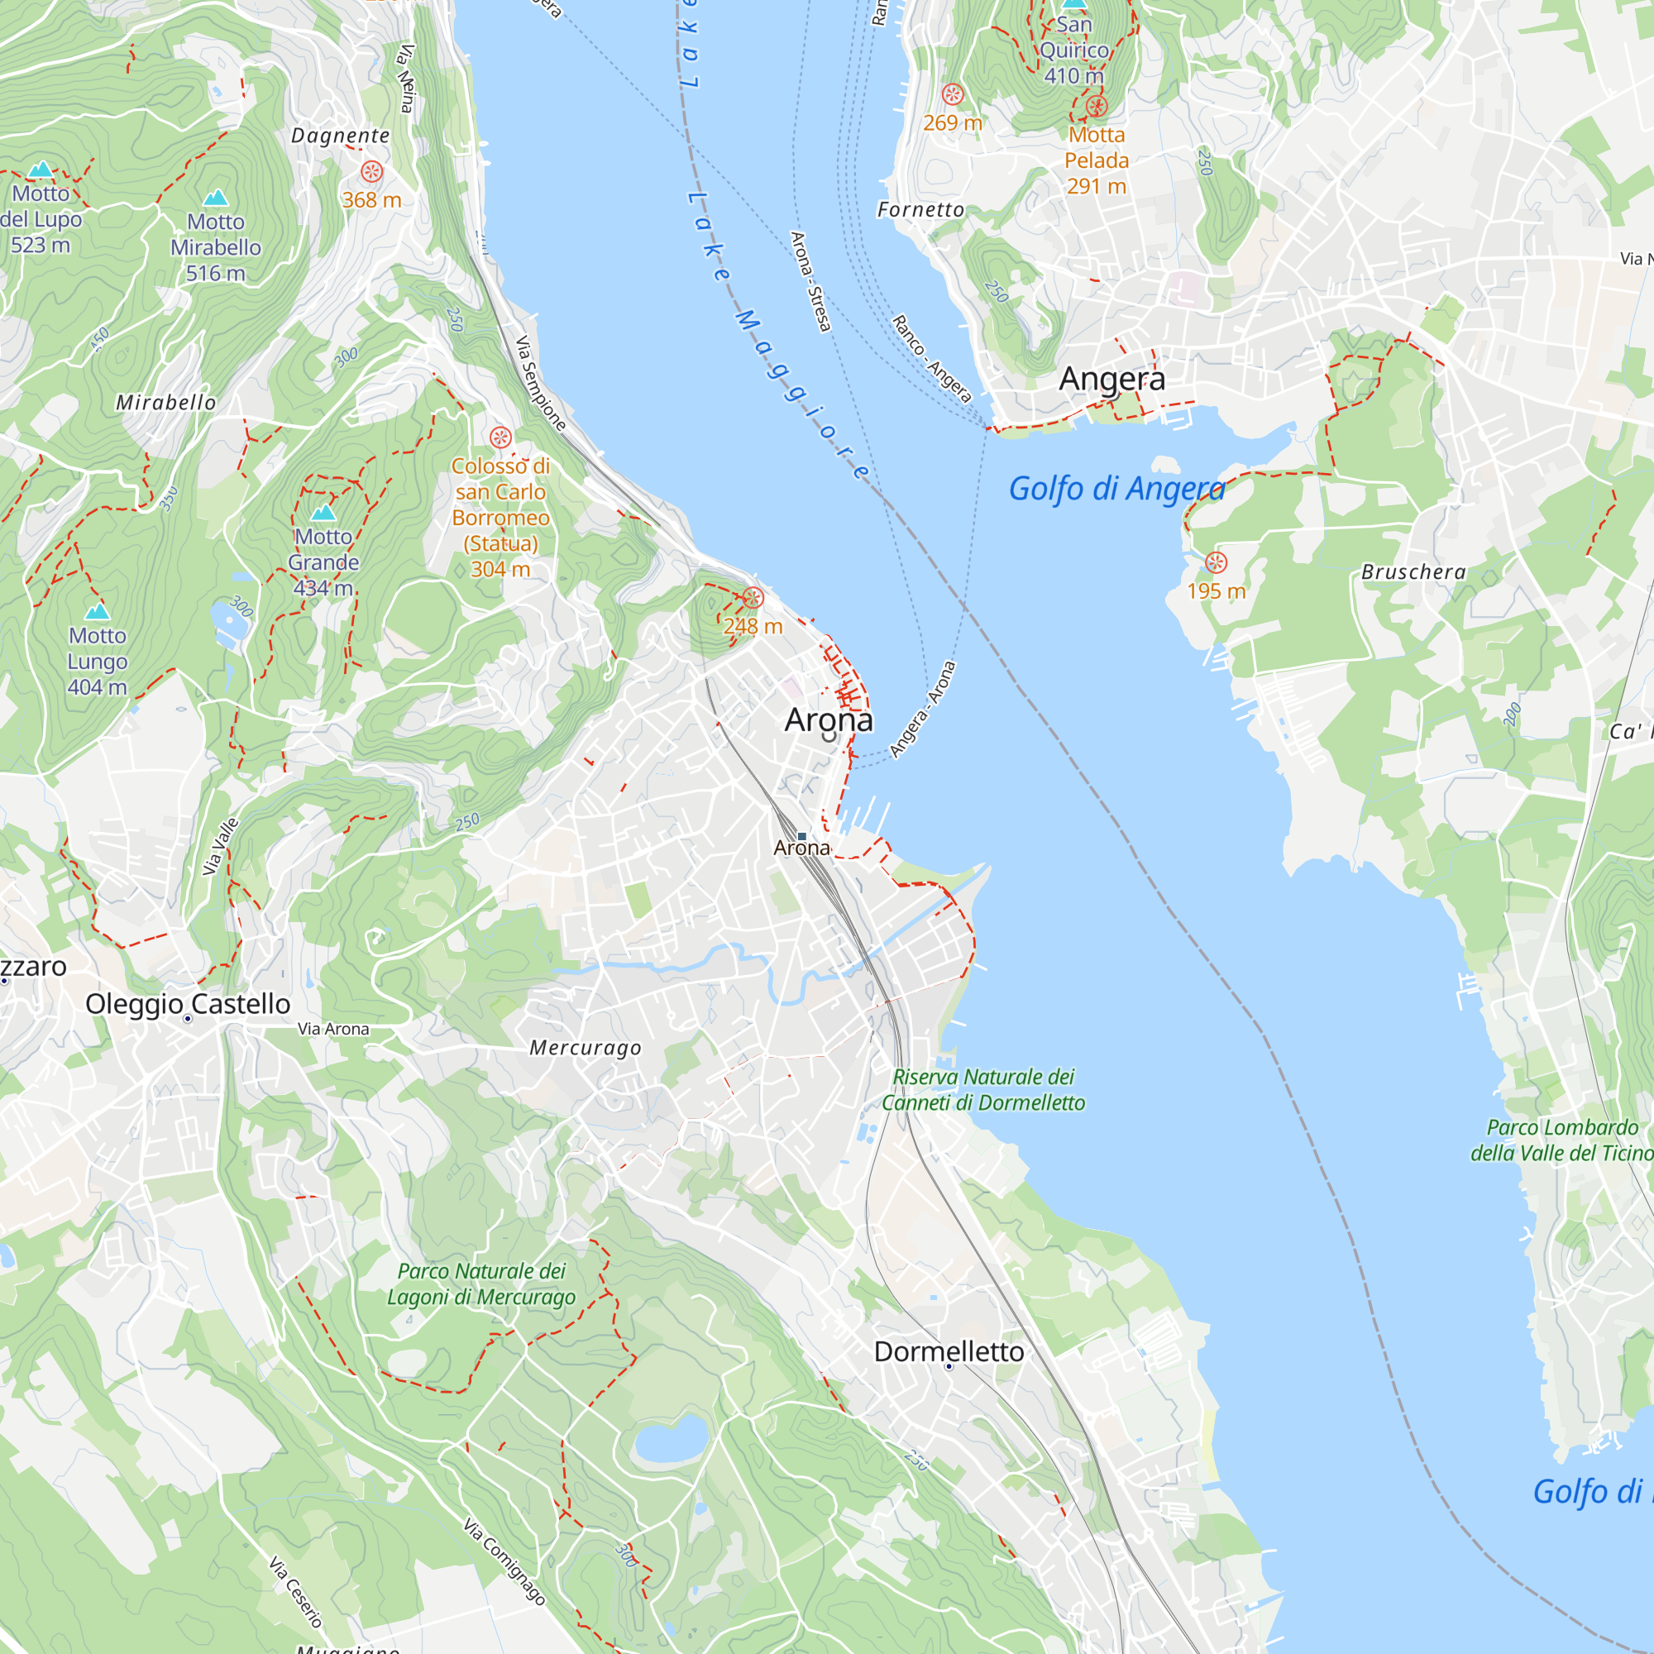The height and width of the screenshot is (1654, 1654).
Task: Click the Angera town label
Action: click(1111, 379)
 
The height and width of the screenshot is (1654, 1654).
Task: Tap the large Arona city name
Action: click(829, 720)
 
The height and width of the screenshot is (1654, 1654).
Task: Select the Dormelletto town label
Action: click(949, 1352)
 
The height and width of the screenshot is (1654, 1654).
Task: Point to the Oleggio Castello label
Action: click(188, 1003)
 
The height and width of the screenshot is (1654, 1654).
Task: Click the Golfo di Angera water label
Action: click(1116, 489)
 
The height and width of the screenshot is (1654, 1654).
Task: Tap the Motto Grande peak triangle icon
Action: click(323, 513)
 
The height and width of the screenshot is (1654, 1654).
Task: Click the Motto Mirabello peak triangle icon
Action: click(216, 198)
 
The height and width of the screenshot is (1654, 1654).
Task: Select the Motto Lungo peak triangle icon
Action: click(98, 611)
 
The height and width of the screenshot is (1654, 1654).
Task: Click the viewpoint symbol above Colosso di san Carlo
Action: click(501, 437)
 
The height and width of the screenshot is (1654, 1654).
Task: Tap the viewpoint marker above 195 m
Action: click(1216, 562)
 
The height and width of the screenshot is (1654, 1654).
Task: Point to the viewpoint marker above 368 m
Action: click(371, 171)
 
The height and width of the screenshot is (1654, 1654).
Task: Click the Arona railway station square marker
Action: click(802, 835)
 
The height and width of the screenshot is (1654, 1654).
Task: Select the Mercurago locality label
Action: click(585, 1048)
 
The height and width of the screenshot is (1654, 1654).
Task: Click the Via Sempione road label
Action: click(540, 383)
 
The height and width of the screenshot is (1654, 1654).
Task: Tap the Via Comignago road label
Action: click(504, 1561)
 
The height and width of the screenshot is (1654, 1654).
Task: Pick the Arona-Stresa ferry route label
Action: click(810, 282)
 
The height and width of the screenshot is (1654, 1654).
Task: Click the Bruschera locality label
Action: click(1413, 572)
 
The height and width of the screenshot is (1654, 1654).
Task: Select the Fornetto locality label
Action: click(920, 210)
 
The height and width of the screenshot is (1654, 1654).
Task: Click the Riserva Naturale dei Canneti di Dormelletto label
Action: click(982, 1090)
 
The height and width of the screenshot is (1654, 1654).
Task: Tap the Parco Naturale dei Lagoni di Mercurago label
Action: click(481, 1284)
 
